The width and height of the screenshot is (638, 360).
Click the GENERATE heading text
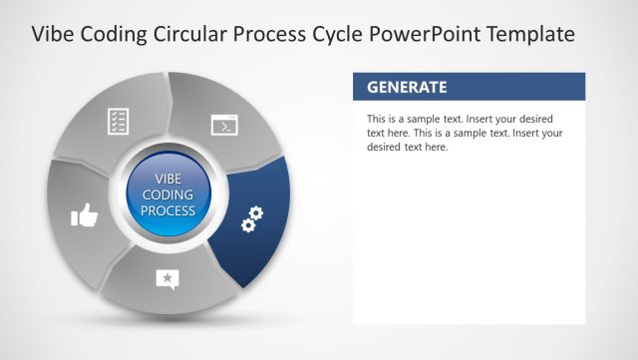(407, 87)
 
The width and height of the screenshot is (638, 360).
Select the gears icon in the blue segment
(252, 219)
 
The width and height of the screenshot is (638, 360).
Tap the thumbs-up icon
(85, 214)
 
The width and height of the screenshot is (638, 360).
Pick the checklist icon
(119, 122)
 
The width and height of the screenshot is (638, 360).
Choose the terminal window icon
(223, 125)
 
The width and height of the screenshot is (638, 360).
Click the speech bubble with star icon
(167, 279)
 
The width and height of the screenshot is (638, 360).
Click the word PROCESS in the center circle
(167, 211)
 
